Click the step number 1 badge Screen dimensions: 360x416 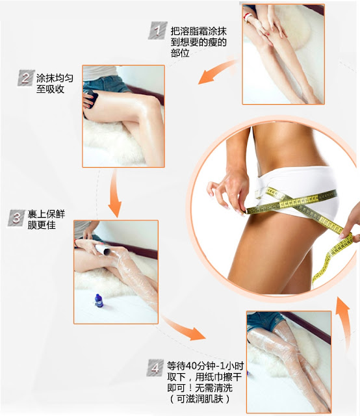[158, 31]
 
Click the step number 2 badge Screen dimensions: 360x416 [26, 78]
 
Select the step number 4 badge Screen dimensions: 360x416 [155, 368]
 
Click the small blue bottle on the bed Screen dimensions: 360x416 [99, 300]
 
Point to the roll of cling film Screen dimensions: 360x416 [103, 250]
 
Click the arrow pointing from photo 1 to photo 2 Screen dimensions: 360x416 [216, 71]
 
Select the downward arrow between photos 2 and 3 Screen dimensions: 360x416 [115, 193]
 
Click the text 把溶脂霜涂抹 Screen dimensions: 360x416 [198, 31]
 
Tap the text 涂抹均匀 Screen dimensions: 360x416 [55, 78]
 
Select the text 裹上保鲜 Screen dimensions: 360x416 [46, 214]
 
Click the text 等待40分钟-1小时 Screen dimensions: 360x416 [205, 366]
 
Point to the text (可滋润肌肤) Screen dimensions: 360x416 [199, 399]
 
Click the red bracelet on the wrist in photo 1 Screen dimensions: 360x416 [248, 18]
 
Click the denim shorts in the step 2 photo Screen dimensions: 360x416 [106, 84]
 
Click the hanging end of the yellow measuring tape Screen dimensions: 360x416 [316, 281]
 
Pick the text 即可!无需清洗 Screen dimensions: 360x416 [199, 388]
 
